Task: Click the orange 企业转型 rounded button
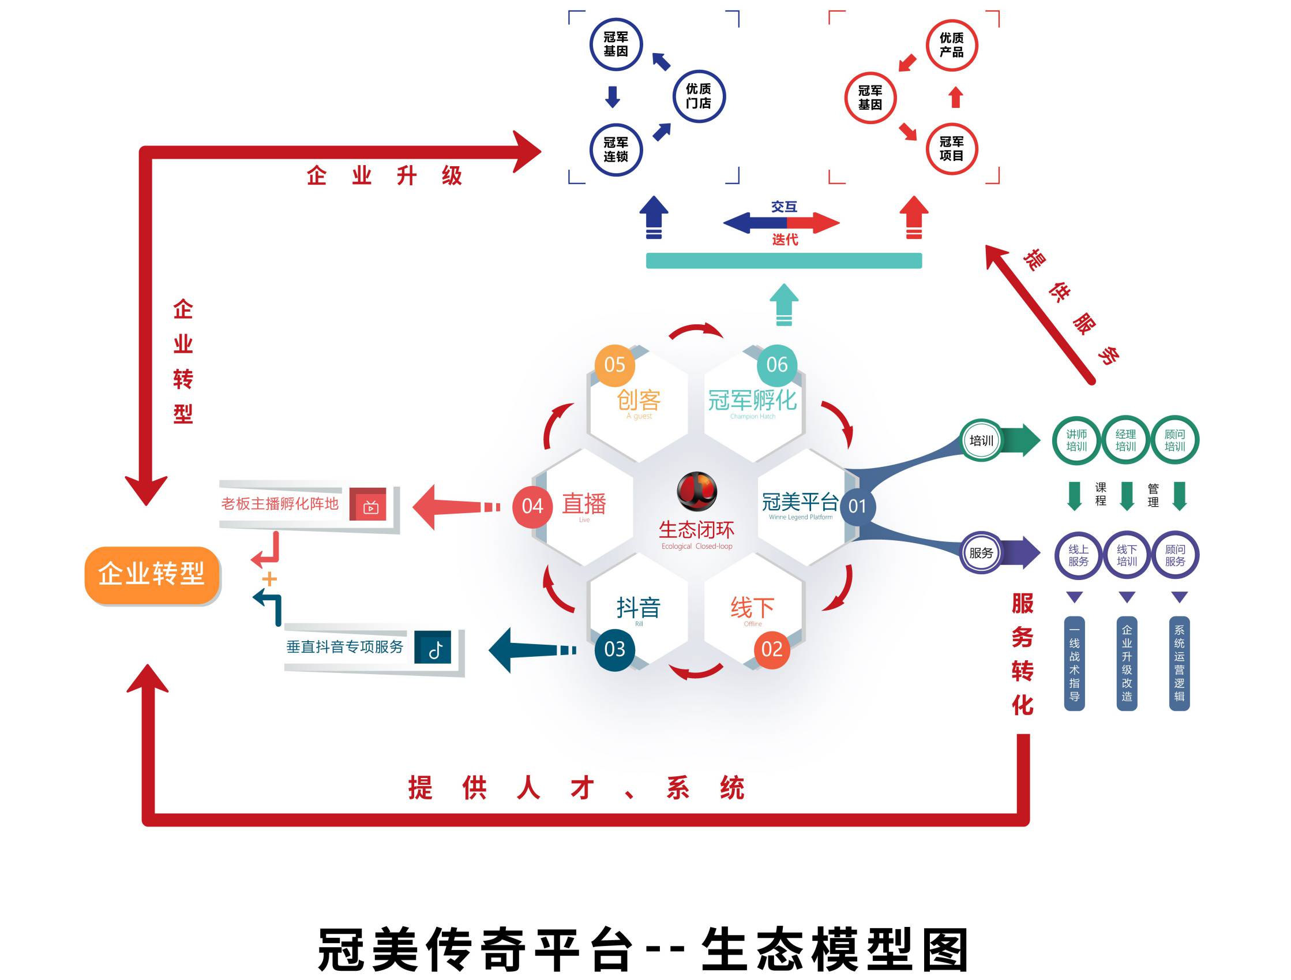tap(152, 575)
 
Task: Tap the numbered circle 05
tap(614, 365)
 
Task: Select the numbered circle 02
tap(772, 649)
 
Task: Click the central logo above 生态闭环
tap(697, 491)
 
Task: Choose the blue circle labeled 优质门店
tap(698, 96)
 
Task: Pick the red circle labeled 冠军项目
tap(951, 149)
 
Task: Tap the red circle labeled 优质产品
tap(951, 45)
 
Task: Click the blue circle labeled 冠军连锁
tap(616, 149)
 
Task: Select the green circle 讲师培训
tap(1076, 440)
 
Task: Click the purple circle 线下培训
tap(1127, 555)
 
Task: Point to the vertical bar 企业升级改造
tap(1127, 664)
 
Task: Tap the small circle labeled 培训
tap(981, 440)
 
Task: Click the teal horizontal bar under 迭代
tap(783, 260)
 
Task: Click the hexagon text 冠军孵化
tap(752, 401)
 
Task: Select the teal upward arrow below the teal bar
tap(784, 304)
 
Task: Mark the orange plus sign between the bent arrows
tap(269, 579)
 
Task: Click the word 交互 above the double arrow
tap(783, 207)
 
